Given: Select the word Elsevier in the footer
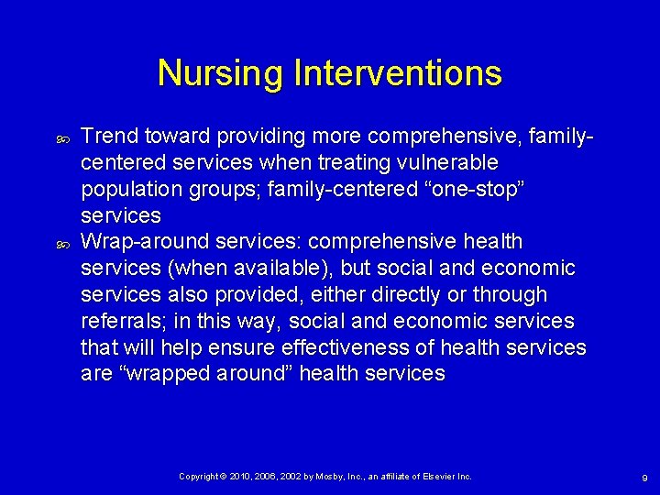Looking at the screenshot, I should coord(438,477).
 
